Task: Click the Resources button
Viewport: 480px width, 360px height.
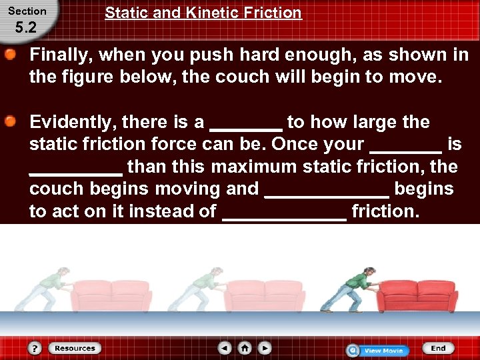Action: tap(75, 348)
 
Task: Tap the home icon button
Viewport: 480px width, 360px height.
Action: tap(245, 348)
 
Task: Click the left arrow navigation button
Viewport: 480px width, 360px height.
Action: tap(225, 348)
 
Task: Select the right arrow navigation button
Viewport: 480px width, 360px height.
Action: tap(265, 348)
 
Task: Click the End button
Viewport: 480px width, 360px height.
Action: tap(437, 348)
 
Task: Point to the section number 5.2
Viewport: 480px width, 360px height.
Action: tap(26, 29)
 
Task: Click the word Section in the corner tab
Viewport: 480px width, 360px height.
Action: tap(27, 11)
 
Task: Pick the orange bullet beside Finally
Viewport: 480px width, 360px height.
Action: tap(12, 55)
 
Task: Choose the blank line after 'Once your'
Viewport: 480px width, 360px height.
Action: tap(405, 149)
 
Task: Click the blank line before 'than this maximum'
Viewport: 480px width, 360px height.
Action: tap(75, 171)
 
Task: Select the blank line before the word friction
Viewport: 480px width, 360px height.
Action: tap(285, 216)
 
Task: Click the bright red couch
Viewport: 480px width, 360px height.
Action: tap(419, 295)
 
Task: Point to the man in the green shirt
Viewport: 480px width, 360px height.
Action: tap(351, 290)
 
